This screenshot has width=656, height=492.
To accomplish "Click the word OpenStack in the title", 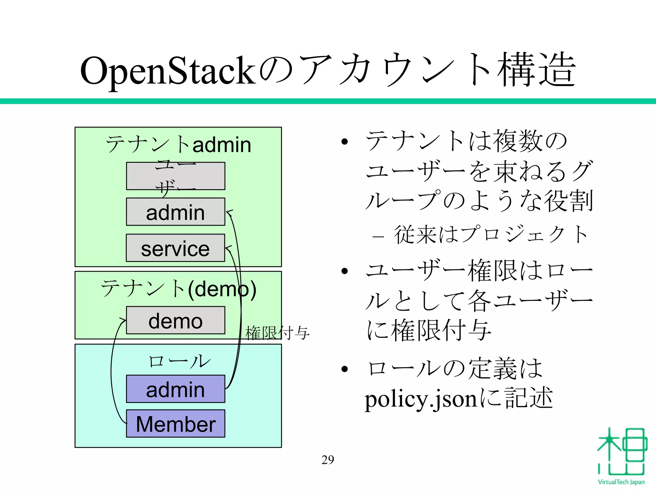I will (168, 70).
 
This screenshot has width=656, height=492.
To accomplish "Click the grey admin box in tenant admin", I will (176, 212).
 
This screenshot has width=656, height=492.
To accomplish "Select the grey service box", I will (176, 248).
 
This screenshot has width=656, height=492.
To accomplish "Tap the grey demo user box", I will (176, 320).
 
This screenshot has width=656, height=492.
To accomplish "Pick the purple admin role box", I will (176, 389).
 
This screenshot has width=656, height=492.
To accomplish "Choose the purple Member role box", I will (176, 423).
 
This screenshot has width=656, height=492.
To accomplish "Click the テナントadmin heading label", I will (178, 144).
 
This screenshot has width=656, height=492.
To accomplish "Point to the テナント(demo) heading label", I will (178, 289).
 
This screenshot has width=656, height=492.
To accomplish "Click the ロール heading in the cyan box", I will (179, 361).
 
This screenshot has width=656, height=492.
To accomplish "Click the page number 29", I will (328, 460).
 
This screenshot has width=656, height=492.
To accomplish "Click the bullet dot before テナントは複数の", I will (344, 142).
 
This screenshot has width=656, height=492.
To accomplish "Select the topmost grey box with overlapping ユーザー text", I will (176, 176).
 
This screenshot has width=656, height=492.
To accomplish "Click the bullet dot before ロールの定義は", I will (344, 369).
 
